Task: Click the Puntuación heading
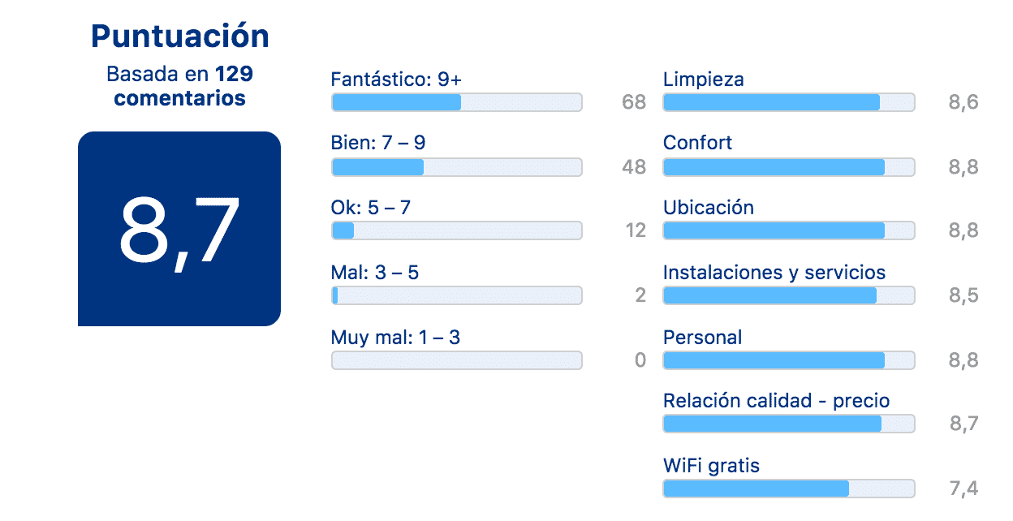click(180, 37)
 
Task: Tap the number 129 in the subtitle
click(234, 74)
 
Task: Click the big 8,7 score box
click(179, 229)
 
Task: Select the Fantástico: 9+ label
click(396, 80)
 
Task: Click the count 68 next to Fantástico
click(634, 102)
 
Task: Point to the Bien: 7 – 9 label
click(378, 143)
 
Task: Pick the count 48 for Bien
click(634, 167)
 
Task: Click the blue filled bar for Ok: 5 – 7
click(343, 230)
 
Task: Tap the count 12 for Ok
click(636, 230)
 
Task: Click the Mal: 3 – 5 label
click(375, 273)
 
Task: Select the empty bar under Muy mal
click(457, 360)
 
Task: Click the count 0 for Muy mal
click(640, 360)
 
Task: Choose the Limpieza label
click(704, 80)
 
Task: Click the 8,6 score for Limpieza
click(963, 103)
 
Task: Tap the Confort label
click(697, 143)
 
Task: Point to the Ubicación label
click(709, 208)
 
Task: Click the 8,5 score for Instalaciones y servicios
click(963, 295)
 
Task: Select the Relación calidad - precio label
click(777, 401)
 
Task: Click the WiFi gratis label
click(711, 466)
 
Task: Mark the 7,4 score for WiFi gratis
click(963, 489)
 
